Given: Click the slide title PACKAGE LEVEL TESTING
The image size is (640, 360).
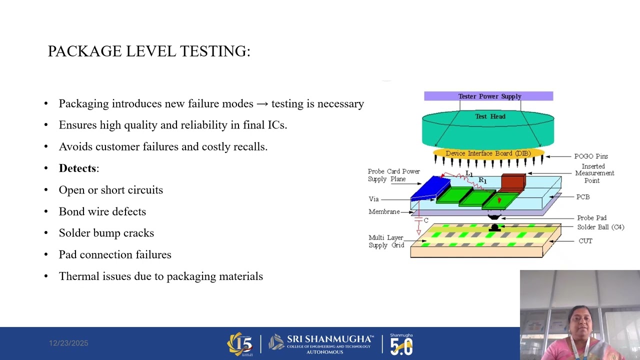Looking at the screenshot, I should pos(148,51).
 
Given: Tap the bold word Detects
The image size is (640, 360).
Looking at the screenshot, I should pos(77,168).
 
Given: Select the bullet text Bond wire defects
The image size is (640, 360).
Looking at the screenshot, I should pos(102,211).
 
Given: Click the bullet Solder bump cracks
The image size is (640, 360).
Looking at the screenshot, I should pos(106,233).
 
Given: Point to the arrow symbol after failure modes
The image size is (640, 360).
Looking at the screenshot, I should pos(262,104).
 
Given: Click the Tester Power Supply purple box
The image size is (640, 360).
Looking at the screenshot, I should pos(488,96).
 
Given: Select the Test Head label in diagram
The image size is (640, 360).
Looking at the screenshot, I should pos(490,116).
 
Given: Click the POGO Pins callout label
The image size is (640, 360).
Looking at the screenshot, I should pos(590,156).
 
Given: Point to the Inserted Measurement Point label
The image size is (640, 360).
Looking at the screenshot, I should pos(594,173).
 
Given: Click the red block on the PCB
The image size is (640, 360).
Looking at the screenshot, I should pos(513,182).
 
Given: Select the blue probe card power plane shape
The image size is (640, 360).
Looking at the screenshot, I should pos(430,188).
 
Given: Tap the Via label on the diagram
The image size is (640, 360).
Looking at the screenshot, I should pos(373,199).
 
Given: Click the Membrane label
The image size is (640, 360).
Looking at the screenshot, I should pos(384,212).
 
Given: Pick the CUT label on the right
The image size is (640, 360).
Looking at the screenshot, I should pos(585,241).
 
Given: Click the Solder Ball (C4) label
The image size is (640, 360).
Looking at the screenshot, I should pos(600,227).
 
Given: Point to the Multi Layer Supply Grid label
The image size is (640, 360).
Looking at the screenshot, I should pos(386,241).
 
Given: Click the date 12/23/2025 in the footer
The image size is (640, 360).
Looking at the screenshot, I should pos(68,343).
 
